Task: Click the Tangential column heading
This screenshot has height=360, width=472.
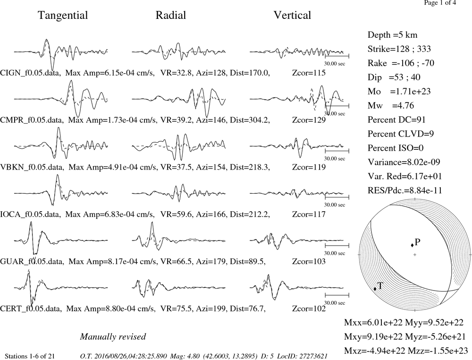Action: coord(63,16)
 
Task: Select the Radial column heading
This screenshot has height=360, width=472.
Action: coord(171,15)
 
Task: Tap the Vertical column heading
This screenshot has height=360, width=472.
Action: coord(292,15)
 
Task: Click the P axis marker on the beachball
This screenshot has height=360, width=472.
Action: coord(412,245)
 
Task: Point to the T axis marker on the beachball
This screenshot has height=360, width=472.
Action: coord(375,289)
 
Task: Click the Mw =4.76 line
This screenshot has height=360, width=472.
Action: coord(391,105)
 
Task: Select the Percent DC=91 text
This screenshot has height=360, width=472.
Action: coord(397,120)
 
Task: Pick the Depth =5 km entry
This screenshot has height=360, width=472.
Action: coord(393,35)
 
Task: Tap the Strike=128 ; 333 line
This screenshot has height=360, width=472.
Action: coord(399,49)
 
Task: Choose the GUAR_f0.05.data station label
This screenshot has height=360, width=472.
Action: coord(32,261)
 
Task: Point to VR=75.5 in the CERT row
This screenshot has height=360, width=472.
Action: coord(172,309)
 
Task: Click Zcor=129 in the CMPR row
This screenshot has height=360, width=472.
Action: coord(309,120)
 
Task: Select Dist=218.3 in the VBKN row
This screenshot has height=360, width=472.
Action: coord(250,167)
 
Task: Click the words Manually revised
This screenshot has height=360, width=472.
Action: coord(113,337)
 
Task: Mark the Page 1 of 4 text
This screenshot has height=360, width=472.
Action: coord(440,3)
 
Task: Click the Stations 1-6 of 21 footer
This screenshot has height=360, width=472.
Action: coord(30,356)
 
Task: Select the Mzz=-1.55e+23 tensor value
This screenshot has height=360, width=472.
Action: coord(438,351)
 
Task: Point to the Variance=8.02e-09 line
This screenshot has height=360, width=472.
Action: coord(404,162)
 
